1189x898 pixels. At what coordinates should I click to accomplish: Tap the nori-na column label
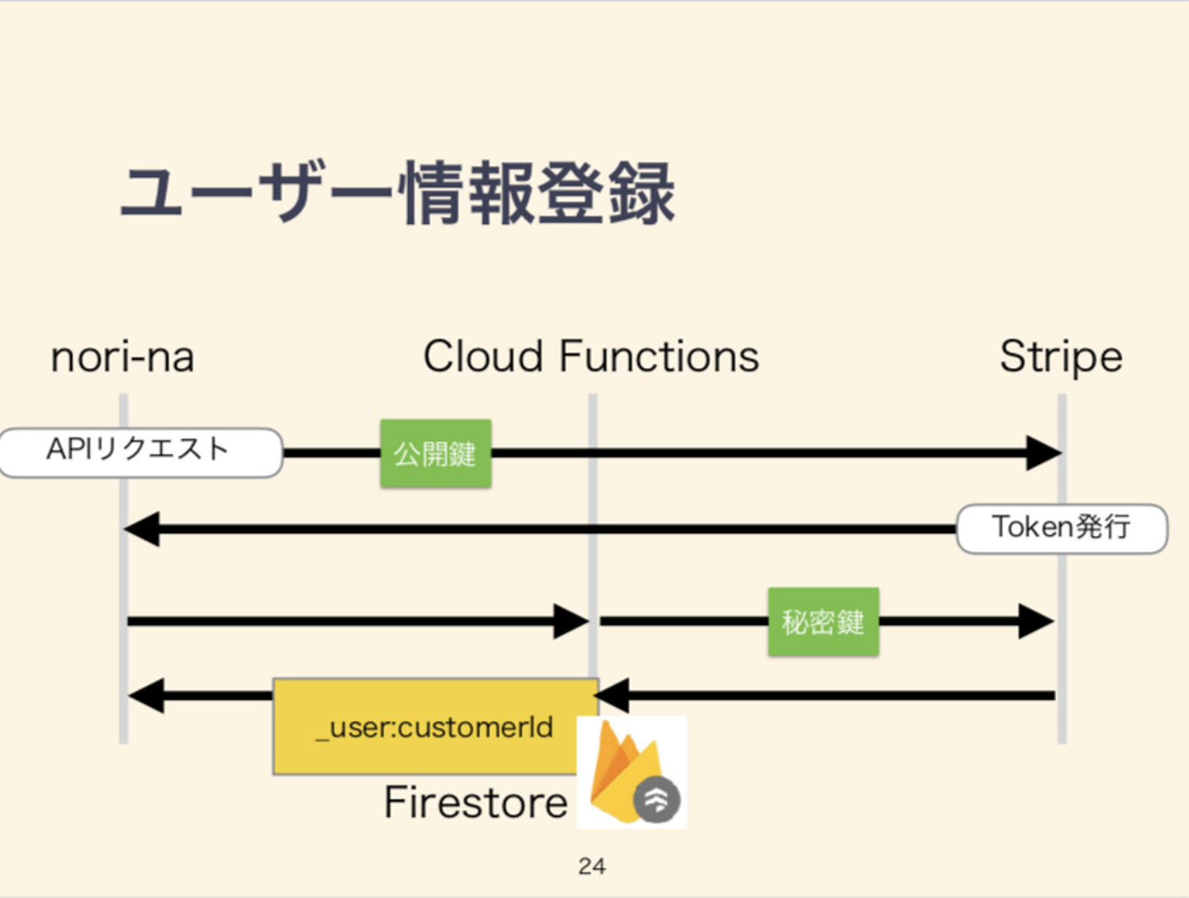pos(122,357)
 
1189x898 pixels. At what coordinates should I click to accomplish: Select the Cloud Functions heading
pos(590,357)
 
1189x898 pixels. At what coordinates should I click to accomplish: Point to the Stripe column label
pos(1061,357)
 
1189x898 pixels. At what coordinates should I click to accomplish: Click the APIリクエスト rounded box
pos(140,451)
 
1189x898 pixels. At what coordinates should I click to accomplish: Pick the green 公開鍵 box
pos(435,453)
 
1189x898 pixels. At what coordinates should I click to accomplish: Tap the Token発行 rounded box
pos(1061,528)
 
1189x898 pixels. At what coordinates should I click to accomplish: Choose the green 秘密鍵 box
pos(822,622)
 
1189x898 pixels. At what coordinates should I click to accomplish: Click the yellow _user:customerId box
pos(435,726)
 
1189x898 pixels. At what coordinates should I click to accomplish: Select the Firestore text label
pos(476,802)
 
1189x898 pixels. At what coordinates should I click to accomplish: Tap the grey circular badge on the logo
pos(656,800)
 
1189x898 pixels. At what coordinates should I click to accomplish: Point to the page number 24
pos(592,866)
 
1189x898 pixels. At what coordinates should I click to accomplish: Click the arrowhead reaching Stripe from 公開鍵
pos(1042,452)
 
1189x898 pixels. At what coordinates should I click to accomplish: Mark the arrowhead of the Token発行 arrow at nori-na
pos(142,529)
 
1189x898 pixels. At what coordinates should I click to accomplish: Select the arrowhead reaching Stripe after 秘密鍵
pos(1035,622)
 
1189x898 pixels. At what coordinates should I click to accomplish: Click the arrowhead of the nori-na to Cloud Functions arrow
pos(571,622)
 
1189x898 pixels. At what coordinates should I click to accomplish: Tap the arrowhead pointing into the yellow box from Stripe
pos(613,696)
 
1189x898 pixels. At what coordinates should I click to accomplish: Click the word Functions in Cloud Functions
pos(658,357)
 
